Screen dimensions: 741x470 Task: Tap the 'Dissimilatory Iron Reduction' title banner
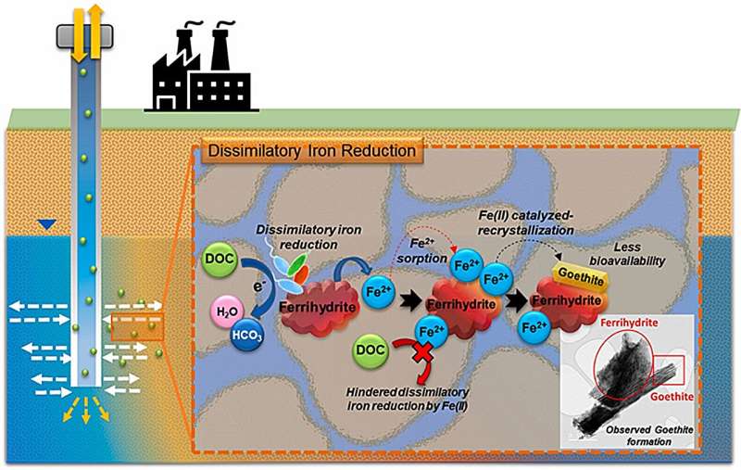(x=312, y=151)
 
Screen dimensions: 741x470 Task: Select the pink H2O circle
(x=227, y=311)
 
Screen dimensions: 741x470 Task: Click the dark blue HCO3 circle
(x=246, y=336)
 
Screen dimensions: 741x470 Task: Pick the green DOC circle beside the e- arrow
(x=220, y=258)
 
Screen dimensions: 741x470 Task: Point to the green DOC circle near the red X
(x=370, y=350)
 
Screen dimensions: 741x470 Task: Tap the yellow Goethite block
(x=581, y=277)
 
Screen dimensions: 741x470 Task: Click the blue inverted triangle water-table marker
(x=46, y=224)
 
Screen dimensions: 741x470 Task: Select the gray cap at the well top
(x=84, y=36)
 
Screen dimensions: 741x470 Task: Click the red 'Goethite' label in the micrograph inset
(x=672, y=396)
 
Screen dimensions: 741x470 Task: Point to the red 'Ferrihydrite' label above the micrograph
(x=629, y=323)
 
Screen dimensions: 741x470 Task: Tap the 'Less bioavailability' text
(x=627, y=254)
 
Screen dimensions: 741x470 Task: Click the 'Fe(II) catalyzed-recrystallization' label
(x=525, y=223)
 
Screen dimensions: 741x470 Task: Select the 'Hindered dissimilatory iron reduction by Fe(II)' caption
(x=408, y=399)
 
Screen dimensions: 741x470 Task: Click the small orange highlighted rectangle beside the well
(x=137, y=326)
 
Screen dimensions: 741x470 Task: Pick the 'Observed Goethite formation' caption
(x=649, y=436)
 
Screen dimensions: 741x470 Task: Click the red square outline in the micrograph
(x=669, y=370)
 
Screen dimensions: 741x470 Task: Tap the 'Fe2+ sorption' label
(x=422, y=251)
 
